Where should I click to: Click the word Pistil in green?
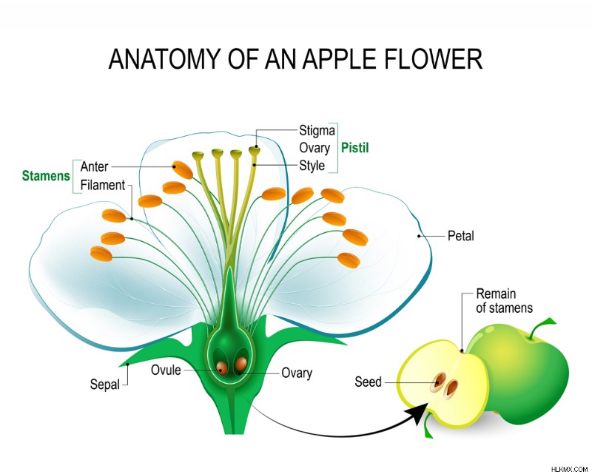coord(355,148)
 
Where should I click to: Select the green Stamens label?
coord(46,176)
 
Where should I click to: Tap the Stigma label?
coord(317,131)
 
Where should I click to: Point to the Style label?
coord(312,166)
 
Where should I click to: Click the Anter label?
coord(95,166)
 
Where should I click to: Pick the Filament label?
coord(103,186)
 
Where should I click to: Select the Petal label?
coord(460,236)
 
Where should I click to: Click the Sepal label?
coord(104,385)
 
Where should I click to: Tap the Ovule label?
coord(166,370)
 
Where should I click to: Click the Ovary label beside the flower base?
coord(297,373)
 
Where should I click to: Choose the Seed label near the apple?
coord(368,382)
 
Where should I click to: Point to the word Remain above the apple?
coord(496,294)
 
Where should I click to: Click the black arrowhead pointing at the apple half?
coord(419,413)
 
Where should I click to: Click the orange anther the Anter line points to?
coord(183,170)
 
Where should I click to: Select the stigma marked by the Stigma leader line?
coord(255,151)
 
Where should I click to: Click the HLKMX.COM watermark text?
coord(569,470)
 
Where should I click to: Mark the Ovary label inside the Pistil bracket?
coord(314,148)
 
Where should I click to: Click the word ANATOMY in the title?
coord(164,59)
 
